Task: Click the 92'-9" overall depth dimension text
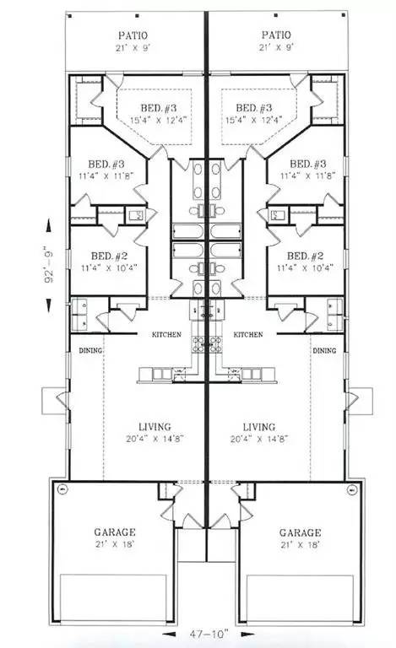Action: pyautogui.click(x=49, y=264)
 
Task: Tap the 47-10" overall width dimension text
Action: pyautogui.click(x=209, y=633)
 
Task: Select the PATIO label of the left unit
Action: pyautogui.click(x=133, y=35)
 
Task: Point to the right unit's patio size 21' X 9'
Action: pyautogui.click(x=275, y=47)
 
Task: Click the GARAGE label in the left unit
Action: pyautogui.click(x=115, y=532)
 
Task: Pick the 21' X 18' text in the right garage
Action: pyautogui.click(x=300, y=545)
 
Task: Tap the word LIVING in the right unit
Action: pyautogui.click(x=258, y=427)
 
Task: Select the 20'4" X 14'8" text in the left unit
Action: pyautogui.click(x=155, y=439)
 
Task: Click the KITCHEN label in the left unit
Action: pyautogui.click(x=166, y=334)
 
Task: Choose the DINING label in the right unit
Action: pyautogui.click(x=324, y=350)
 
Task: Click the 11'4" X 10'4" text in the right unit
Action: pyautogui.click(x=305, y=267)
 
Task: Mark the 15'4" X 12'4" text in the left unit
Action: pyautogui.click(x=159, y=121)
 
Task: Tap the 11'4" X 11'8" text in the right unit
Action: pyautogui.click(x=308, y=176)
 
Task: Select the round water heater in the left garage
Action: pyautogui.click(x=62, y=489)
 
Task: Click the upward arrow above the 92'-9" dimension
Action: pyautogui.click(x=49, y=227)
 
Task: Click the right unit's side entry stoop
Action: pyautogui.click(x=361, y=401)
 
